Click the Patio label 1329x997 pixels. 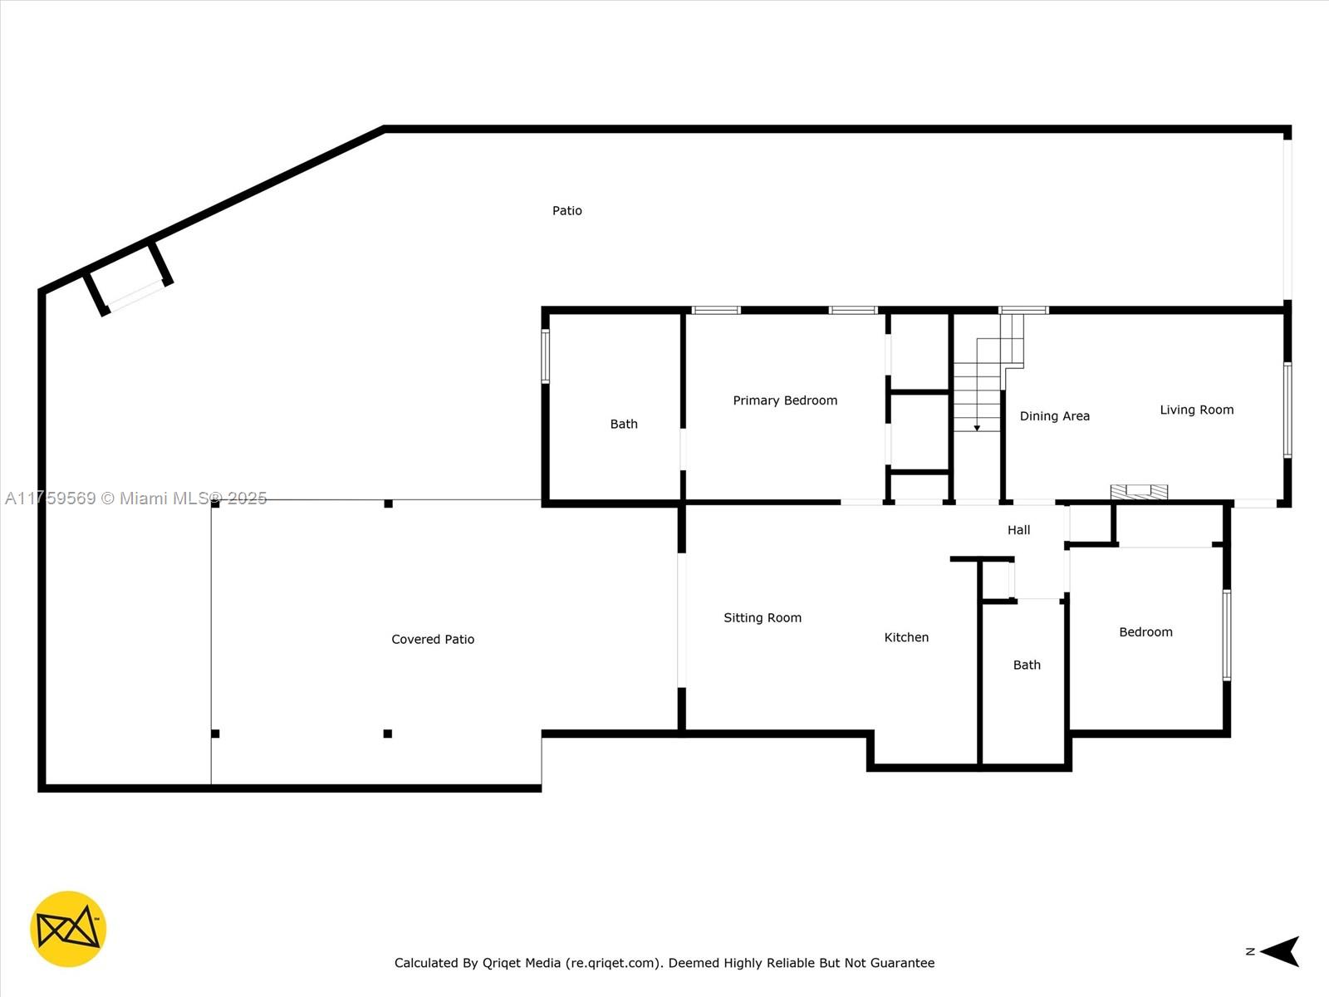566,211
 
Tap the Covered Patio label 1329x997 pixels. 433,639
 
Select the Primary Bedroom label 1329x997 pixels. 785,400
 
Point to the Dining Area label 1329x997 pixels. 1055,416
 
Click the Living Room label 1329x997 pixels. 1196,410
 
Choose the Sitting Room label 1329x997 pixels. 763,618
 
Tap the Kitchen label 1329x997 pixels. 906,637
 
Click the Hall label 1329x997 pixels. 1018,530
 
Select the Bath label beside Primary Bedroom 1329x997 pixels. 624,425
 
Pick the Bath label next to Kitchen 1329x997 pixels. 1027,665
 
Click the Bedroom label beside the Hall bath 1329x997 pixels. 1145,632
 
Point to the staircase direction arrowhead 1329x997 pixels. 977,428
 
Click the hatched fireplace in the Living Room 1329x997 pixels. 1139,492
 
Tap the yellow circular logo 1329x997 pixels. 68,929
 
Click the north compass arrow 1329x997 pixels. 1280,951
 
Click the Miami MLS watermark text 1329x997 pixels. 135,498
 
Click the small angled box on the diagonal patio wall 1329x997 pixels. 129,278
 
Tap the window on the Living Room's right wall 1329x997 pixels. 1287,410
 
